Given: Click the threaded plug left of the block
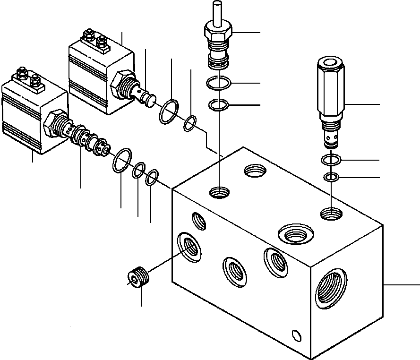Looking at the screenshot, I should pyautogui.click(x=138, y=277).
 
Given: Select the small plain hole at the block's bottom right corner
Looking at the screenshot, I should pyautogui.click(x=296, y=335).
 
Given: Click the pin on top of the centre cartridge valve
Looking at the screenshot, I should pyautogui.click(x=218, y=12).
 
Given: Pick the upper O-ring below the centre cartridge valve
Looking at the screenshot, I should pyautogui.click(x=218, y=84).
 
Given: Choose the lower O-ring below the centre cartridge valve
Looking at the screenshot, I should pyautogui.click(x=218, y=104).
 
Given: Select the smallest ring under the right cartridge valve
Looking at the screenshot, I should pyautogui.click(x=332, y=178).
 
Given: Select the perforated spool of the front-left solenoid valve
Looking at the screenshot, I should pyautogui.click(x=88, y=141).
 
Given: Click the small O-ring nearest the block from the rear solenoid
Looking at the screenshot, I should pyautogui.click(x=189, y=123).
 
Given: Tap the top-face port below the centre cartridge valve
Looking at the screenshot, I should pyautogui.click(x=219, y=192).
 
